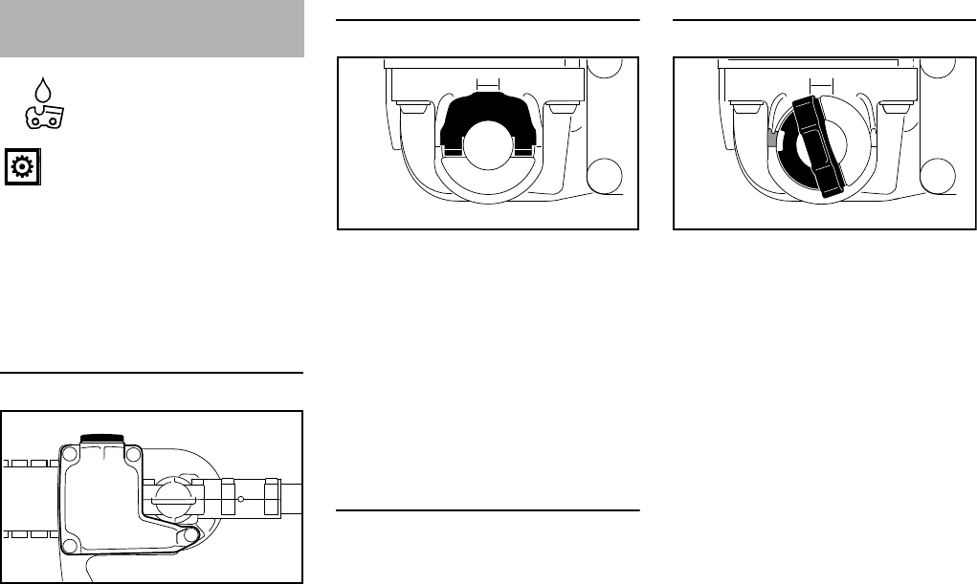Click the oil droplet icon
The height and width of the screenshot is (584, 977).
(40, 92)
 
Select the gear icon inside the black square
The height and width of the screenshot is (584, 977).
(21, 166)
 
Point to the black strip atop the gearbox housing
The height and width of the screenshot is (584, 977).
(101, 438)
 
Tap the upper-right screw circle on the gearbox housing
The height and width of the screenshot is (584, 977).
(134, 453)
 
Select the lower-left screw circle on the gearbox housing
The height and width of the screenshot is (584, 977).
(68, 546)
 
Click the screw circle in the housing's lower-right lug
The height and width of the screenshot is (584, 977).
(190, 537)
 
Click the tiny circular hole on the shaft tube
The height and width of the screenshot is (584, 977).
(241, 499)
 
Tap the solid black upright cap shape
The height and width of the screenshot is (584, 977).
(488, 124)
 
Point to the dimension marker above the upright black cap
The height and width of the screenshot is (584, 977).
(488, 83)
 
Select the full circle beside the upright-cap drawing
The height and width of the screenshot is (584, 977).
(605, 176)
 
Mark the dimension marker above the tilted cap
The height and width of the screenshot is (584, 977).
(818, 83)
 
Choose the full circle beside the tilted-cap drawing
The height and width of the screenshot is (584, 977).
(941, 176)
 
